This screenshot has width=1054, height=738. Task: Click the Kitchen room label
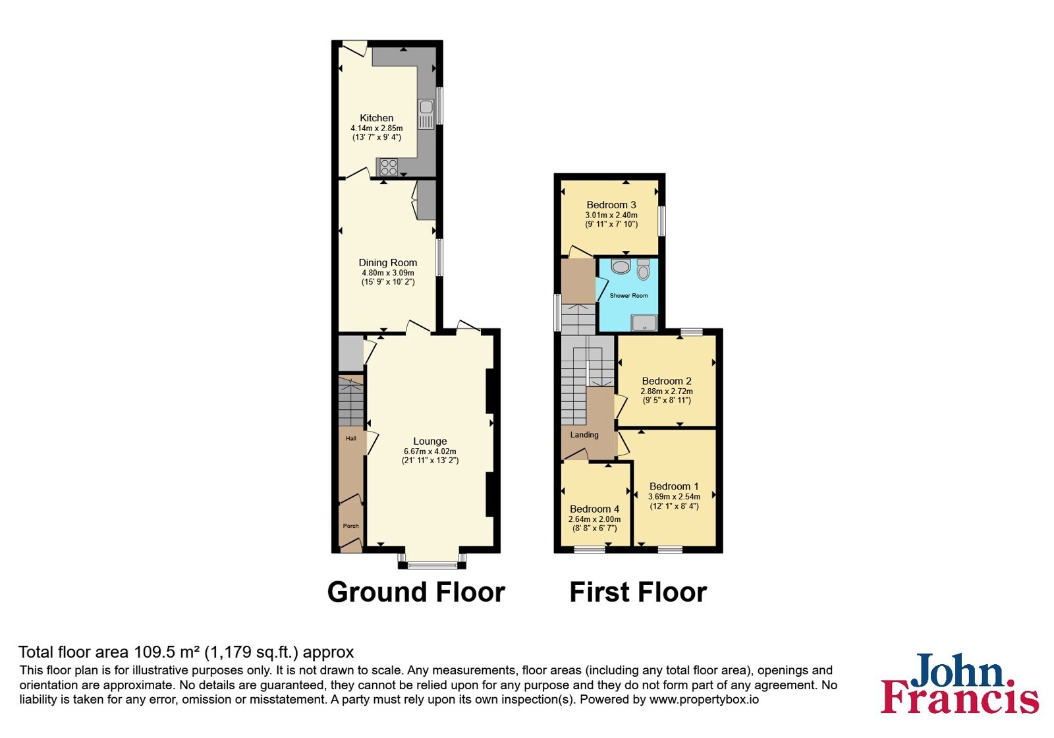[x=376, y=118]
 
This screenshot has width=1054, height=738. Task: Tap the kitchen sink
[x=426, y=114]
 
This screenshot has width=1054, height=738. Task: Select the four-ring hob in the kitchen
[x=389, y=167]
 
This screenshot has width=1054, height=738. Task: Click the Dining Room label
[x=388, y=263]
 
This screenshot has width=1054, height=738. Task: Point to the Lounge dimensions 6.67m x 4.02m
[x=430, y=451]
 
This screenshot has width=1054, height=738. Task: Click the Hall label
[x=351, y=438]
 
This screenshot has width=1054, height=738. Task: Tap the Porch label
[x=351, y=526]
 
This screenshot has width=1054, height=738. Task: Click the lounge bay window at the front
[x=432, y=564]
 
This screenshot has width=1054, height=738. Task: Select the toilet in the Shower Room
[x=643, y=269]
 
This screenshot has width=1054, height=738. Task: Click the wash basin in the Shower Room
[x=621, y=266]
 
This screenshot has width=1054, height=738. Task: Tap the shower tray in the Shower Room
[x=644, y=323]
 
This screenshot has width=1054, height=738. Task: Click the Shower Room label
[x=628, y=296]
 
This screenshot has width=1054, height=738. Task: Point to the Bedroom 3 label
[x=611, y=205]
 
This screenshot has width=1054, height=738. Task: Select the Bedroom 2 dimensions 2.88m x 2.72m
[x=667, y=391]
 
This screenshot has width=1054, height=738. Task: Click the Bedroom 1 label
[x=674, y=486]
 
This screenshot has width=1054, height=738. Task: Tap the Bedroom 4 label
[x=594, y=509]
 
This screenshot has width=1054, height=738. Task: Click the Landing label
[x=584, y=435]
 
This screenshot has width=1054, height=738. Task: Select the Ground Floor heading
[x=416, y=592]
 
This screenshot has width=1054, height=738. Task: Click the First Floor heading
[x=638, y=592]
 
